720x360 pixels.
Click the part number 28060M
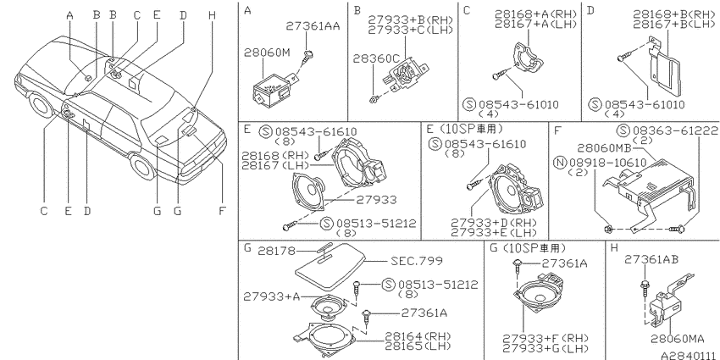tap(267, 53)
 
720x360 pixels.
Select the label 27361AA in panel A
tap(313, 25)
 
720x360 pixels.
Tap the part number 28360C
tap(376, 58)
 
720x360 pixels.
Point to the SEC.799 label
tap(417, 261)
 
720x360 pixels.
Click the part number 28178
tap(276, 251)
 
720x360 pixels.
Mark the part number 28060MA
tap(678, 340)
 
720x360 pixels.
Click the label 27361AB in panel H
tap(651, 259)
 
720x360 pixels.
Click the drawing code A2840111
tap(690, 355)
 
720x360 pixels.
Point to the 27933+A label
tap(272, 296)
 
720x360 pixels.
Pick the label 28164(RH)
tap(418, 336)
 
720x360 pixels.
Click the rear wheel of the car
tap(143, 166)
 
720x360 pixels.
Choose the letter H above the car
tap(211, 15)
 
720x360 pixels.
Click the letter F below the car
tap(222, 211)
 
